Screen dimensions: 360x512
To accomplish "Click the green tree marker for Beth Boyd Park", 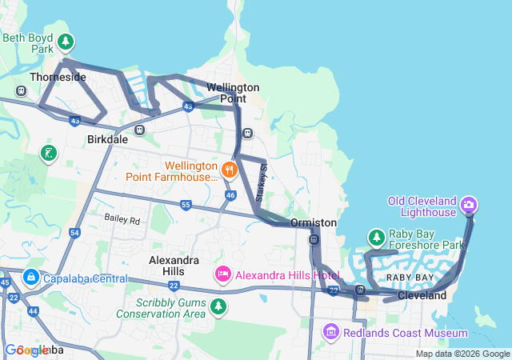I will (65, 40).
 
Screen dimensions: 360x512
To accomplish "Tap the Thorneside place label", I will (57, 78).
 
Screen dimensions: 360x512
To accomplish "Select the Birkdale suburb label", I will (108, 139).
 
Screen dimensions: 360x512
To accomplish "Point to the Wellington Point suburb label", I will (233, 93).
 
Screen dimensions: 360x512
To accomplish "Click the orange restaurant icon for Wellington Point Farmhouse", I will (230, 169).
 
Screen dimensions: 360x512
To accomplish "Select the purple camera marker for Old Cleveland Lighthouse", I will (470, 206).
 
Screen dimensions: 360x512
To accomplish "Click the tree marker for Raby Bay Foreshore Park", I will (376, 238).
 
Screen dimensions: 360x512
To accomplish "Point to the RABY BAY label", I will (410, 277).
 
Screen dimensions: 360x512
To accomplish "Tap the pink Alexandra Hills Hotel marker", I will (222, 274).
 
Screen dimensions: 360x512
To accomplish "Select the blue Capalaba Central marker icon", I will (30, 278).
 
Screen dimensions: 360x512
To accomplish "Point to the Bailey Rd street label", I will (122, 218).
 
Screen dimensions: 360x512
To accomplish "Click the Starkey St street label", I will (261, 183).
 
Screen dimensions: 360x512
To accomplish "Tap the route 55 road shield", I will (186, 205).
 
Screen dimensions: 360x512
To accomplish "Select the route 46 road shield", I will (230, 194).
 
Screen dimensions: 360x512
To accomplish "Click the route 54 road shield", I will (74, 233).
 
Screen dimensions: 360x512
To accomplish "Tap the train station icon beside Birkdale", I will (140, 130).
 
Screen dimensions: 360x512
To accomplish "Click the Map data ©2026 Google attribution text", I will (462, 354).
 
